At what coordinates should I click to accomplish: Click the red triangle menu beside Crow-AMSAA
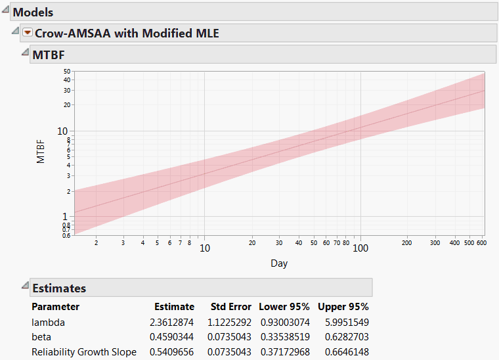pos(28,33)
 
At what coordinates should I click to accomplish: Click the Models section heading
pos(33,12)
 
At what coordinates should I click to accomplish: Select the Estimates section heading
pos(59,288)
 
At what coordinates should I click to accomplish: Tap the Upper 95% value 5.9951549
pos(343,323)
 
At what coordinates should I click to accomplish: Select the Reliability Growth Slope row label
pos(84,352)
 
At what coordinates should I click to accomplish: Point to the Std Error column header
pos(230,307)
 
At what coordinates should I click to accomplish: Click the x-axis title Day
pos(279,263)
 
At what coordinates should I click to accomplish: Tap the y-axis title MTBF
pos(41,152)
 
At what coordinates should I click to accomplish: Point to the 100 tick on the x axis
pos(360,248)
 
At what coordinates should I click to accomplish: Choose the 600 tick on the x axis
pos(481,243)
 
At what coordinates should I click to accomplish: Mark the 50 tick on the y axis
pos(67,71)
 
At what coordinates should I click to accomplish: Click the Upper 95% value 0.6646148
pos(343,352)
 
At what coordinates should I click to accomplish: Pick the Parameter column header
pos(55,307)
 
